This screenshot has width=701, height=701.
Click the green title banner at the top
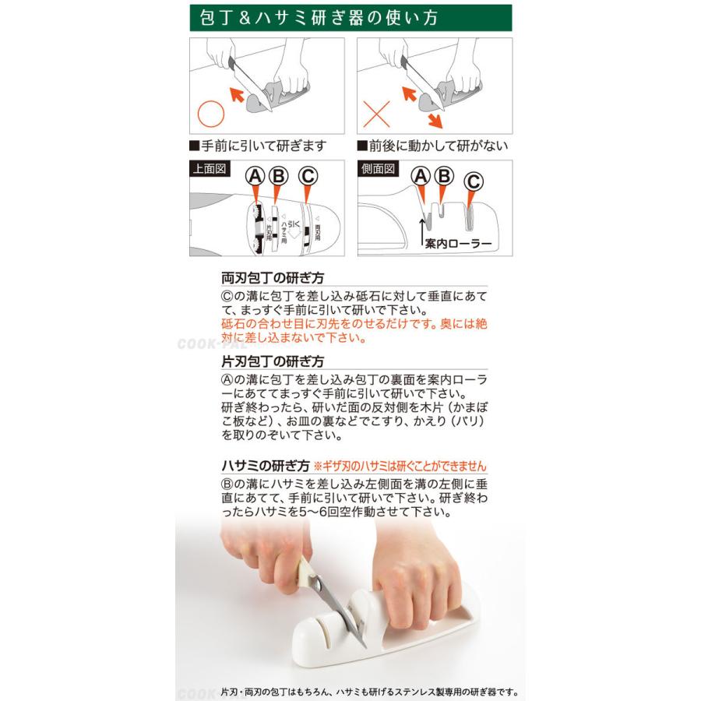(x=350, y=17)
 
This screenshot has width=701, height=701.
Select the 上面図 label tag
(x=210, y=169)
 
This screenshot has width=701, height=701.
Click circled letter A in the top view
(x=255, y=176)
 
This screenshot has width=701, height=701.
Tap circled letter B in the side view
(x=443, y=176)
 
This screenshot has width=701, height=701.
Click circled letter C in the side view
(x=473, y=181)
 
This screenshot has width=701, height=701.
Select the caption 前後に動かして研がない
(x=432, y=146)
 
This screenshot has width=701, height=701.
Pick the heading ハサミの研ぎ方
(x=266, y=466)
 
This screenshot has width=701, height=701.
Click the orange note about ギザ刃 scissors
(x=404, y=467)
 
